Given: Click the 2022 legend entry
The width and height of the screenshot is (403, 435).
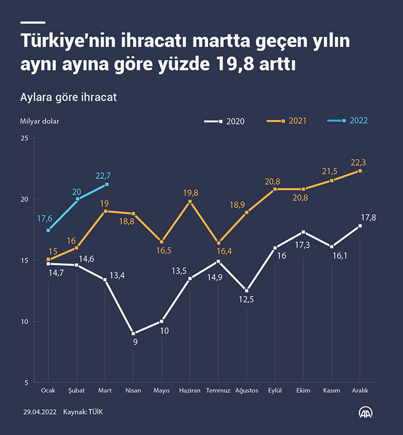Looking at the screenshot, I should click(348, 120).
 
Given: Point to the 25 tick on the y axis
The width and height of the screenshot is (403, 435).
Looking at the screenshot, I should click(24, 138).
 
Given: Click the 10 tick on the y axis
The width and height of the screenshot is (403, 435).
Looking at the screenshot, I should click(24, 322).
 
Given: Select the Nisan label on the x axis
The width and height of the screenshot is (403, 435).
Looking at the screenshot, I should click(133, 390).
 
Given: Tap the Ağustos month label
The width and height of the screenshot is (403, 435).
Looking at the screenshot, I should click(247, 390).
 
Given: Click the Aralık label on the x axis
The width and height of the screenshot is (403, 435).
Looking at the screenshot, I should click(359, 390).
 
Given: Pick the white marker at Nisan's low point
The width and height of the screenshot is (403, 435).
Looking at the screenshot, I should click(133, 334).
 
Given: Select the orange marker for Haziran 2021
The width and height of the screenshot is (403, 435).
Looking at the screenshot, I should click(190, 201).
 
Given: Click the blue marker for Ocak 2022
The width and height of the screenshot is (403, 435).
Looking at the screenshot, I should click(48, 230).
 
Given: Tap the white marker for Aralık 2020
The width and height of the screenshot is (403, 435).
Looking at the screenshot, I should click(360, 226).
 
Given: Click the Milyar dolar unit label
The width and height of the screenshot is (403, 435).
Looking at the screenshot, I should click(40, 121).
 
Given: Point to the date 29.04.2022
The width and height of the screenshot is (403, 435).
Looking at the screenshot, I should click(40, 412).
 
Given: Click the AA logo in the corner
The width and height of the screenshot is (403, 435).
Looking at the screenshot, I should click(367, 412).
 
